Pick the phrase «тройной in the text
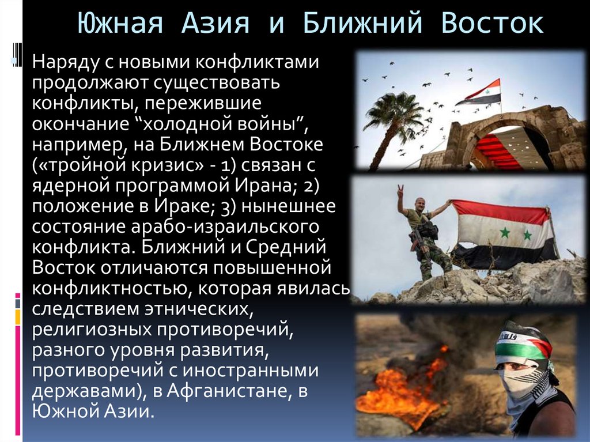click(77, 166)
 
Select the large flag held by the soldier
click(501, 233)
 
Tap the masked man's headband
click(521, 344)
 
